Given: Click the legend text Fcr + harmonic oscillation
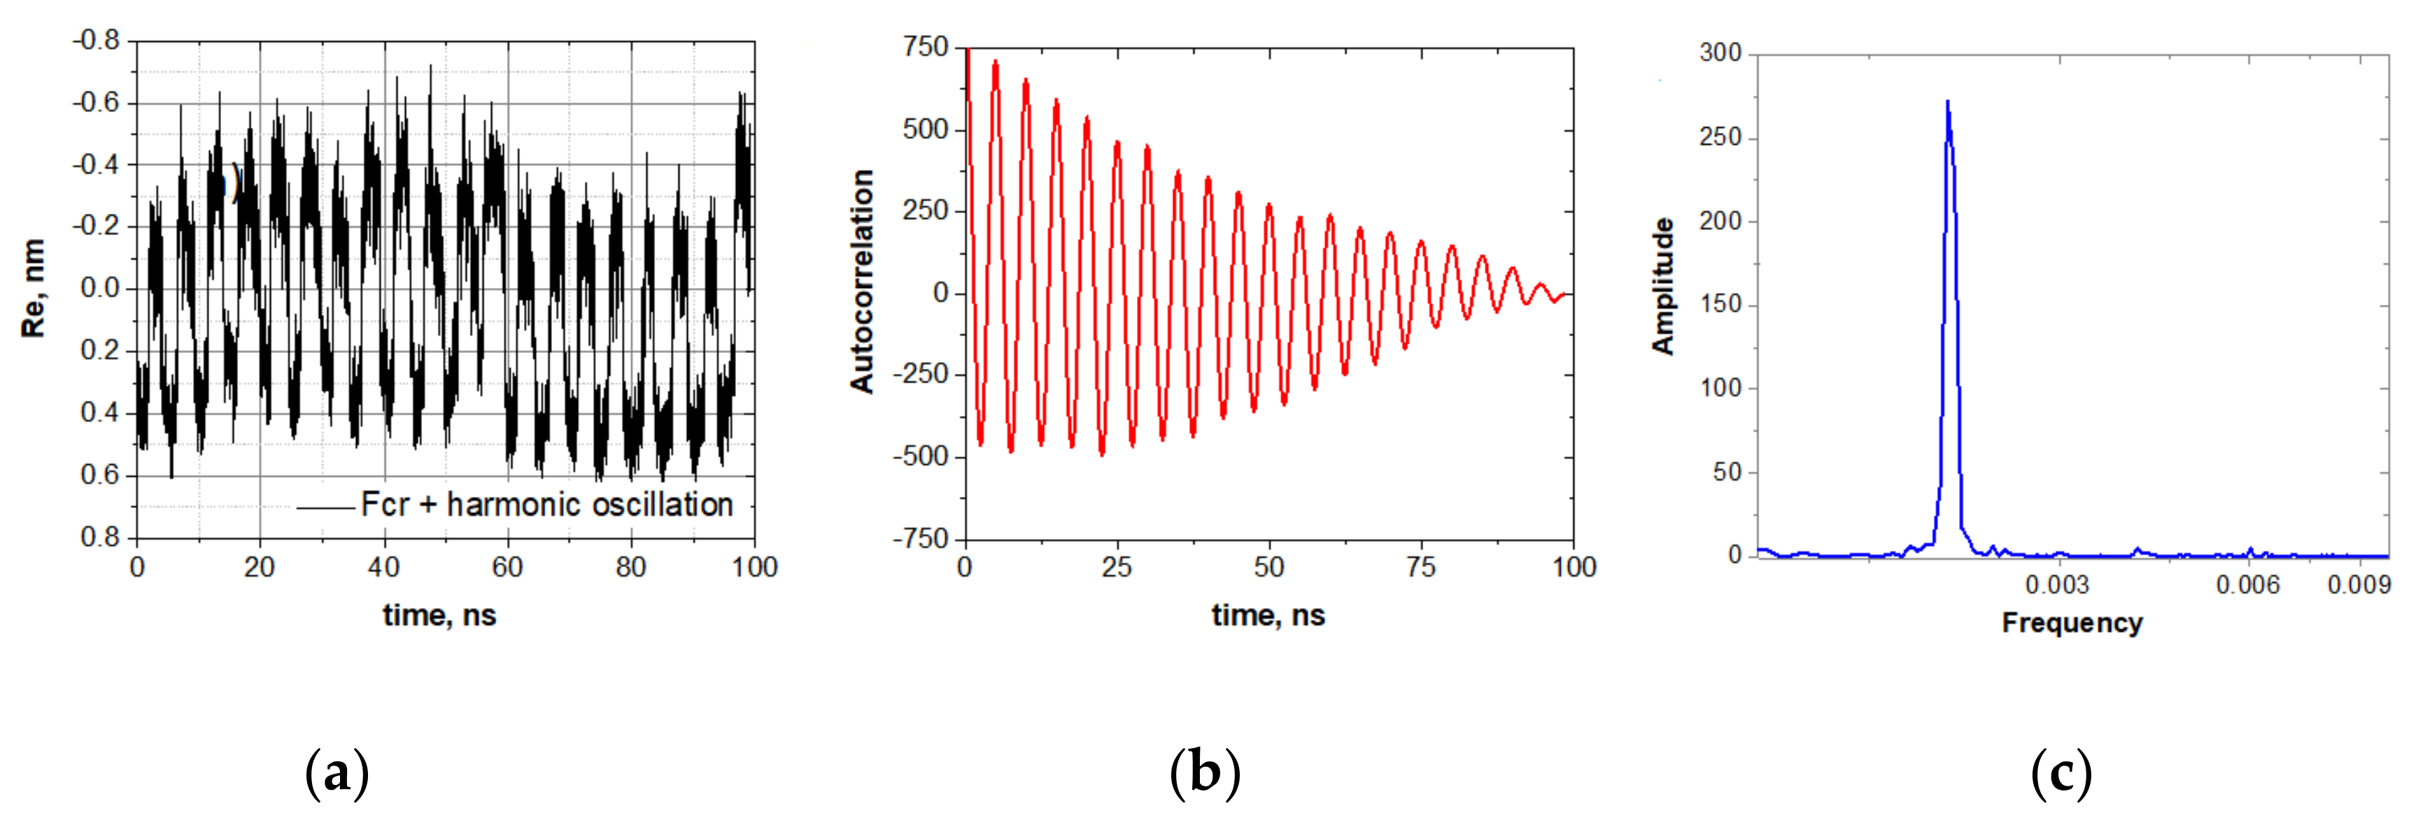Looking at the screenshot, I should pos(546,505).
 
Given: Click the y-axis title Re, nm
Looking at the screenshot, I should pos(33,288).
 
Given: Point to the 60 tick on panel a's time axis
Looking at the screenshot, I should pos(507,568).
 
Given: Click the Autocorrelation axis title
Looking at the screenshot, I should pos(862,282).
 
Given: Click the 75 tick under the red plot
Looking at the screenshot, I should pos(1420,568).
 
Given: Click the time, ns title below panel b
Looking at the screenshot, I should pos(1268,616).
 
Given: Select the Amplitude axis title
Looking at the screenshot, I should pos(1663,286).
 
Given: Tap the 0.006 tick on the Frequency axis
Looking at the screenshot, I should pos(2247,586).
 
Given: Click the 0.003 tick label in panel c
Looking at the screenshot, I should pos(2056,586).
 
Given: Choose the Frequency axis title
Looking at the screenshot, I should pos(2072,623).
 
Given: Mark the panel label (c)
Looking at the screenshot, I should pos(2061,774).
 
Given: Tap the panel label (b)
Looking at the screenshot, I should pos(1206,774).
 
